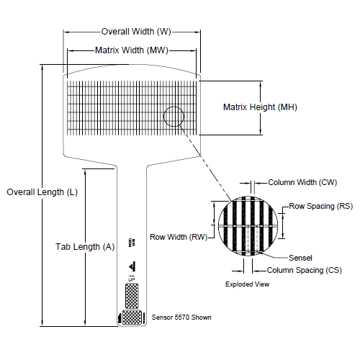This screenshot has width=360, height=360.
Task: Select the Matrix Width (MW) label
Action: tap(131, 50)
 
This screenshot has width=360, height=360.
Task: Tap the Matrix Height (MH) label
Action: tap(260, 107)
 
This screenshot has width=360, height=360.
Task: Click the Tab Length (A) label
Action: tap(85, 246)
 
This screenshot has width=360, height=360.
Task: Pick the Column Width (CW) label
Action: tap(297, 183)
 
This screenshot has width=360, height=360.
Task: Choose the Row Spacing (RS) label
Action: tap(321, 206)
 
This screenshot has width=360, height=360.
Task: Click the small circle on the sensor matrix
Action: tap(174, 116)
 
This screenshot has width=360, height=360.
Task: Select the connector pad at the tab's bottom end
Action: tap(130, 317)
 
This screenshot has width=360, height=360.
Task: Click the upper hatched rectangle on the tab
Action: tap(132, 294)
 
